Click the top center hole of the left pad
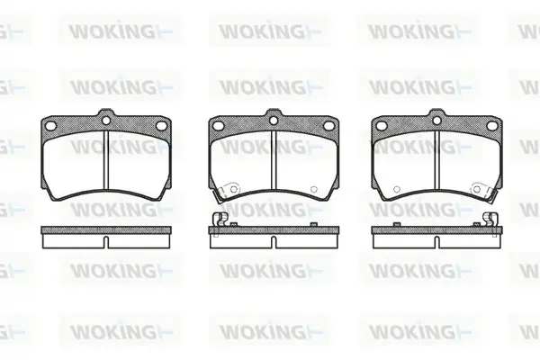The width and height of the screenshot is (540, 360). click(x=106, y=121)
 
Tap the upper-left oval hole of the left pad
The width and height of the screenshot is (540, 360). click(x=51, y=126)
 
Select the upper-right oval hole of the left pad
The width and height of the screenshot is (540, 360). click(x=161, y=126)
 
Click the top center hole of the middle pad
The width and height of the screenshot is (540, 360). click(x=274, y=121)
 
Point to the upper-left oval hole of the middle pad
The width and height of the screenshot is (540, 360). click(x=219, y=126)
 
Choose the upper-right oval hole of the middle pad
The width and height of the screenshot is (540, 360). click(x=328, y=126)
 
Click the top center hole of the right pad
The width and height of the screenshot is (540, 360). click(x=436, y=121)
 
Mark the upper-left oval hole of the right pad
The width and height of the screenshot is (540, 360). click(x=382, y=126)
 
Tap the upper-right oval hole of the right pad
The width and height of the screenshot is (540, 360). click(x=491, y=126)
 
